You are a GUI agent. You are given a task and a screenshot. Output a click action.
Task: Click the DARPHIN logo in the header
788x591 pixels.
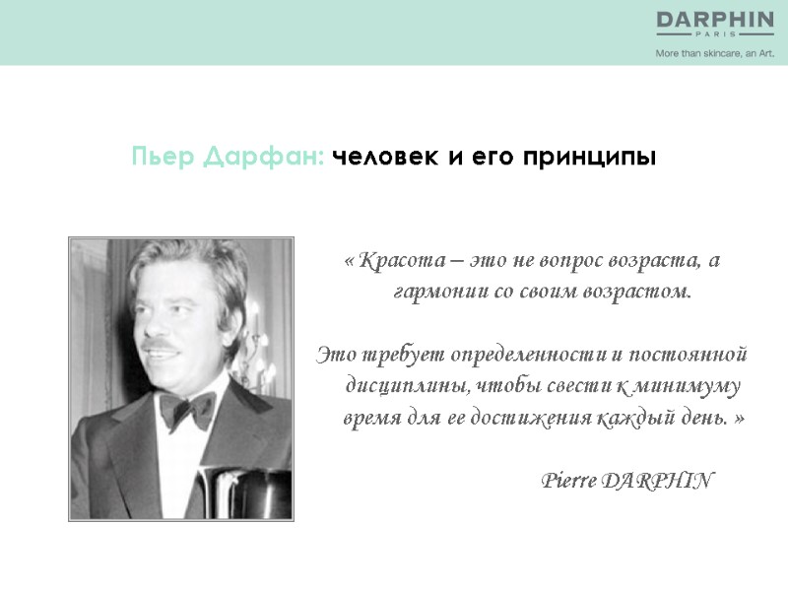[715, 19]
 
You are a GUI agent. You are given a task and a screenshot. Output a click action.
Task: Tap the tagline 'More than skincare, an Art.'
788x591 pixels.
[714, 53]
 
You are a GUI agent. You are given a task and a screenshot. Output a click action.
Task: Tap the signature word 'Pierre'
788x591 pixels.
[568, 481]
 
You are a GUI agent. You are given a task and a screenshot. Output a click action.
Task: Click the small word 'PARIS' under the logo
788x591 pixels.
[715, 33]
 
